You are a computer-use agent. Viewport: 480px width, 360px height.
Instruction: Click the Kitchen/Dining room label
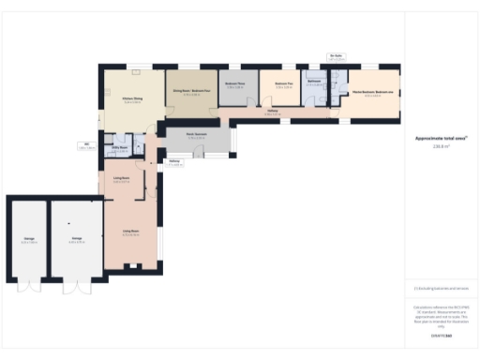pos(131,99)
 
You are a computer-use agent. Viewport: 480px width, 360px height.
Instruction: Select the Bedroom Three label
pos(235,84)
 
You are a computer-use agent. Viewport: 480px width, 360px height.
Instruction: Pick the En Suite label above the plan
pos(336,56)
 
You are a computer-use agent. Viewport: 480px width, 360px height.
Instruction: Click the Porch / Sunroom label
pos(196,136)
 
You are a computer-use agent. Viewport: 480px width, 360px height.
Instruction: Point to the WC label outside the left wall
pos(86,144)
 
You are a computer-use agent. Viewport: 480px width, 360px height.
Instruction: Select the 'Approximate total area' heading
pos(441,138)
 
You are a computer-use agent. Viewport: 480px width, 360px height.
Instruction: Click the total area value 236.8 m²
pos(441,146)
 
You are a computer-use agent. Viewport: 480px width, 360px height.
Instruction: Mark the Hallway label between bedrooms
pos(273,112)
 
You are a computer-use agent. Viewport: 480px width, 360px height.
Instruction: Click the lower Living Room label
pos(130,233)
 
